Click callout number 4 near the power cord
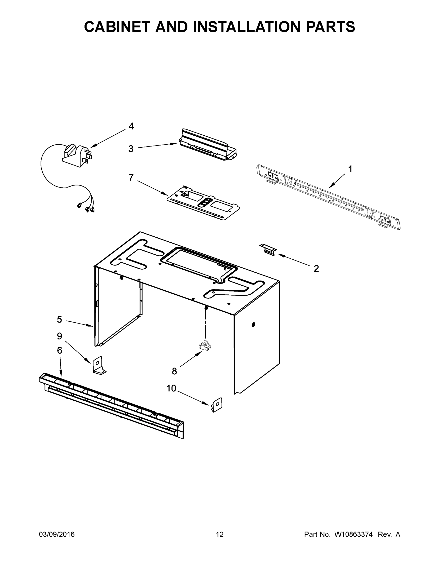(x=131, y=126)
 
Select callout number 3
(x=131, y=149)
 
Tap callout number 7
(x=131, y=178)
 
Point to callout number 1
(x=350, y=169)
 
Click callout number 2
(x=316, y=269)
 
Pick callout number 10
(x=171, y=388)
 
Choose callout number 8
(x=174, y=371)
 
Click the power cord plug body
(x=75, y=155)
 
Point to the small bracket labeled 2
(x=268, y=249)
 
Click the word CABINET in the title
(x=118, y=27)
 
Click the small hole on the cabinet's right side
(x=253, y=324)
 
